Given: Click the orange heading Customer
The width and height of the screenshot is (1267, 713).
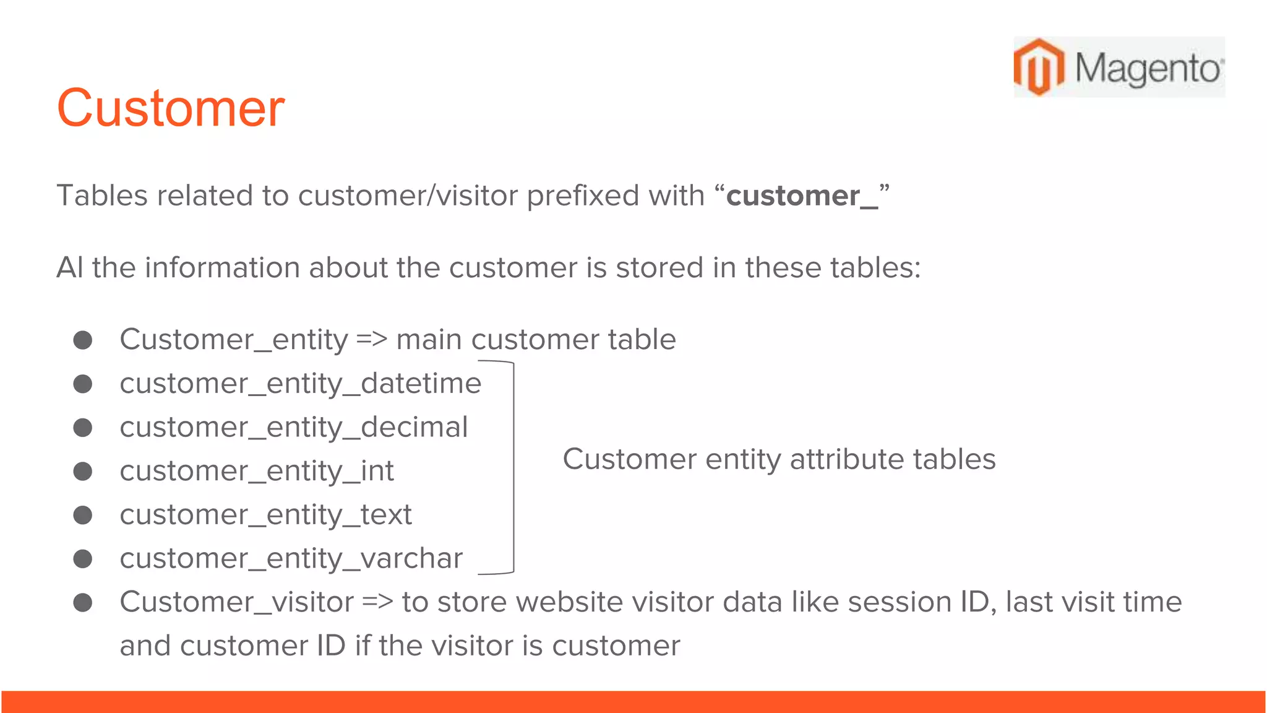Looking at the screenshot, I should tap(171, 108).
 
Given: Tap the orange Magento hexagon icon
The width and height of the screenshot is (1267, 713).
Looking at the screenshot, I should tap(1039, 67).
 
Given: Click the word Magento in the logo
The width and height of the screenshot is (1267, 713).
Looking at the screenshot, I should tap(1148, 68).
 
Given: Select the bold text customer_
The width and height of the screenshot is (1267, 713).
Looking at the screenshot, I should tap(802, 196).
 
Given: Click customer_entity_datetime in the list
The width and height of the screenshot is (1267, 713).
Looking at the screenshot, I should tap(300, 384).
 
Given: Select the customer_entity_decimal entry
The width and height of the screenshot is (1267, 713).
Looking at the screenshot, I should tap(294, 428).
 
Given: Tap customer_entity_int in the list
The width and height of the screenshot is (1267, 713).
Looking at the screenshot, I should tap(257, 472).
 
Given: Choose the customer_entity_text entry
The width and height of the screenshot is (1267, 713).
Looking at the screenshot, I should tap(265, 515).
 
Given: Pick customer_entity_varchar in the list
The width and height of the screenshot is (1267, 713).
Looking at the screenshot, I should tap(291, 559).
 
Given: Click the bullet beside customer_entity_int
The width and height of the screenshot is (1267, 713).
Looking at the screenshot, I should tap(83, 472).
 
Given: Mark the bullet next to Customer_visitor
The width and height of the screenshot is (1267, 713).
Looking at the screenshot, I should tap(83, 603).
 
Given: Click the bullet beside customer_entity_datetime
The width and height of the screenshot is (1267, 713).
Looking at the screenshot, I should tap(83, 384).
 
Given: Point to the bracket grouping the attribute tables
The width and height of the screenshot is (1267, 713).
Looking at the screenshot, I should tap(512, 467).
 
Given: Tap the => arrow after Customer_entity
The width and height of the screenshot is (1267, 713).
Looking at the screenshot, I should tap(372, 340).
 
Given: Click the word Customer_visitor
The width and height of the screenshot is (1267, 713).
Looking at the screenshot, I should tap(237, 603).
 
